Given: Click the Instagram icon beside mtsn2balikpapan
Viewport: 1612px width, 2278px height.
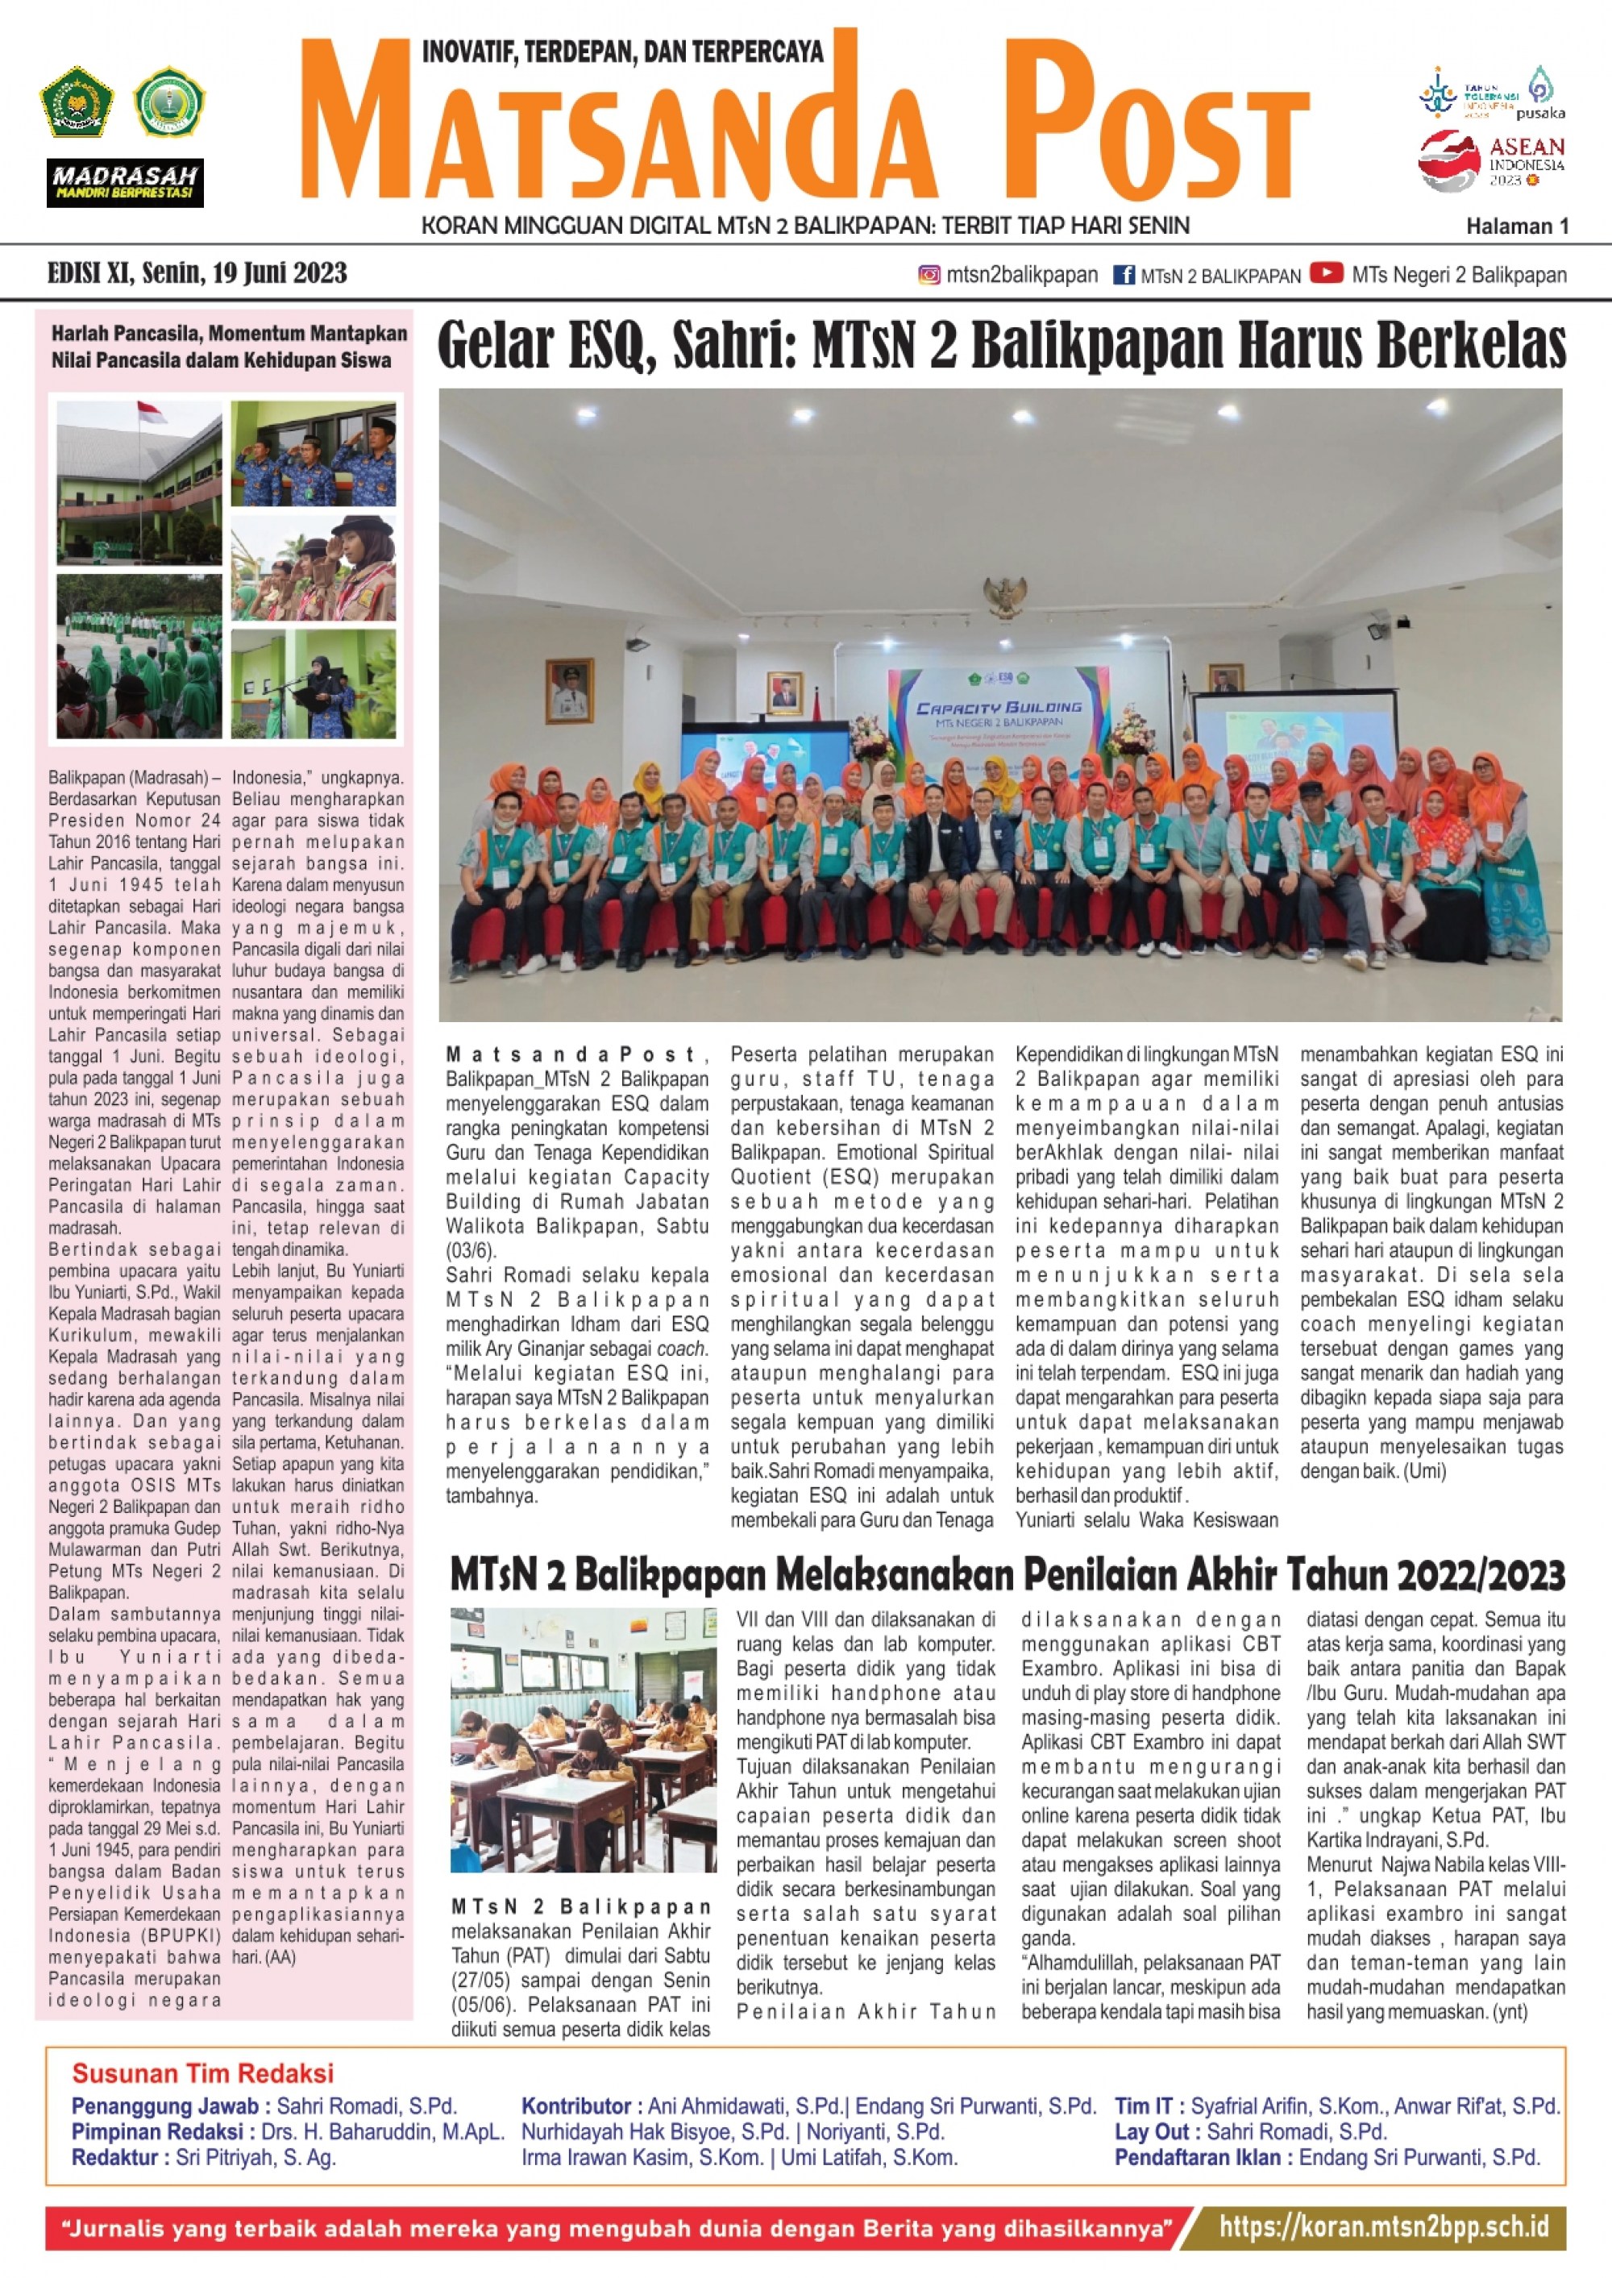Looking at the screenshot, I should coord(929,275).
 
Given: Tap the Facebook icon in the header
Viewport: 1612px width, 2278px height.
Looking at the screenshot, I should coord(1124,275).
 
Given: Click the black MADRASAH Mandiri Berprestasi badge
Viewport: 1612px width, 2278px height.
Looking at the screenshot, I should coord(125,183).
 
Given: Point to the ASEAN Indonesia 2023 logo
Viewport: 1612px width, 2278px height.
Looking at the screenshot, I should coord(1492,160).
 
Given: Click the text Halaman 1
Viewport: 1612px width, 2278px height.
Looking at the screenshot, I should coord(1517,227).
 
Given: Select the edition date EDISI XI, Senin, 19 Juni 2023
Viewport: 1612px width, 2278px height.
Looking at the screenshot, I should coord(197,273).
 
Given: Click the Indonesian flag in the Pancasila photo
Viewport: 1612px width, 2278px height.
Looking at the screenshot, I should coord(151,413).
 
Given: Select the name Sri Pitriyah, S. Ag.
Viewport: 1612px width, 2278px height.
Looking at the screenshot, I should coord(256,2157).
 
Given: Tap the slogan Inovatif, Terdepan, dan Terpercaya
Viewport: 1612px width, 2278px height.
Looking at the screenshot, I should coord(622,52).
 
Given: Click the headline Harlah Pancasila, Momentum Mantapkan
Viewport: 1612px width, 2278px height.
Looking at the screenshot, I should coord(229,334).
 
